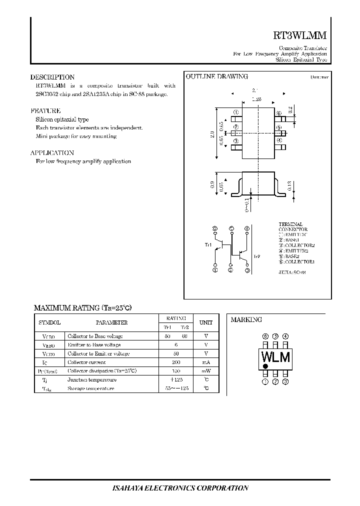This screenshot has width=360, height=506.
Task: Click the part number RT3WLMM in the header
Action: click(x=300, y=36)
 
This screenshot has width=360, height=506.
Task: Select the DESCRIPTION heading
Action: click(x=52, y=77)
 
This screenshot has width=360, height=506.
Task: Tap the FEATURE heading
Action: click(x=45, y=111)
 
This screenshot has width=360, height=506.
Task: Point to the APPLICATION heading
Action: click(x=52, y=153)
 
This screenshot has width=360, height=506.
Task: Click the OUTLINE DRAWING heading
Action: click(x=217, y=77)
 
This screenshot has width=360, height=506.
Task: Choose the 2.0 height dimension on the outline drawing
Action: click(x=212, y=134)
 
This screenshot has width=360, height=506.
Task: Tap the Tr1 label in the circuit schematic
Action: click(x=208, y=244)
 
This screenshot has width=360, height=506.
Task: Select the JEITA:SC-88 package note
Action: click(x=292, y=272)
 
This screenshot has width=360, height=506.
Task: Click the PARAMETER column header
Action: click(x=111, y=323)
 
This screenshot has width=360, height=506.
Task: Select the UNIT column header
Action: click(x=206, y=323)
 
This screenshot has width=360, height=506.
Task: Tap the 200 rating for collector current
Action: click(x=175, y=362)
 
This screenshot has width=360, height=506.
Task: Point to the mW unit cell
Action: click(x=206, y=371)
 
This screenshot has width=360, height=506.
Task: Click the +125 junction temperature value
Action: click(x=175, y=379)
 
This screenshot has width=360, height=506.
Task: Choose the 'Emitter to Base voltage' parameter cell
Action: click(x=94, y=345)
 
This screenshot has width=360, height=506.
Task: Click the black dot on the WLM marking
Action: click(x=265, y=366)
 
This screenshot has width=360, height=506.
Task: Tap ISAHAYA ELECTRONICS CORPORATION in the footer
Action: click(x=179, y=488)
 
